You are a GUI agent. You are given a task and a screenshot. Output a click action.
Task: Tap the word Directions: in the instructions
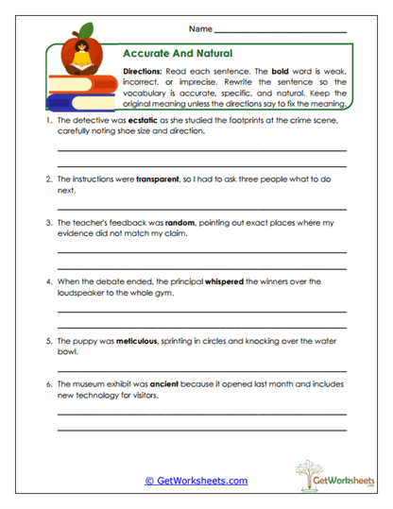144,71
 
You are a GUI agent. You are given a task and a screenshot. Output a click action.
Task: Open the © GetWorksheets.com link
196,481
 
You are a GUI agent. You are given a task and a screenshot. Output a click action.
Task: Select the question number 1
46,121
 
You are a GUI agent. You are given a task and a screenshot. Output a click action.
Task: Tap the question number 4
46,280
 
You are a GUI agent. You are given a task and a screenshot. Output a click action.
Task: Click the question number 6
46,385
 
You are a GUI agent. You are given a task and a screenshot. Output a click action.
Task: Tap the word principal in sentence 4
173,280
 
